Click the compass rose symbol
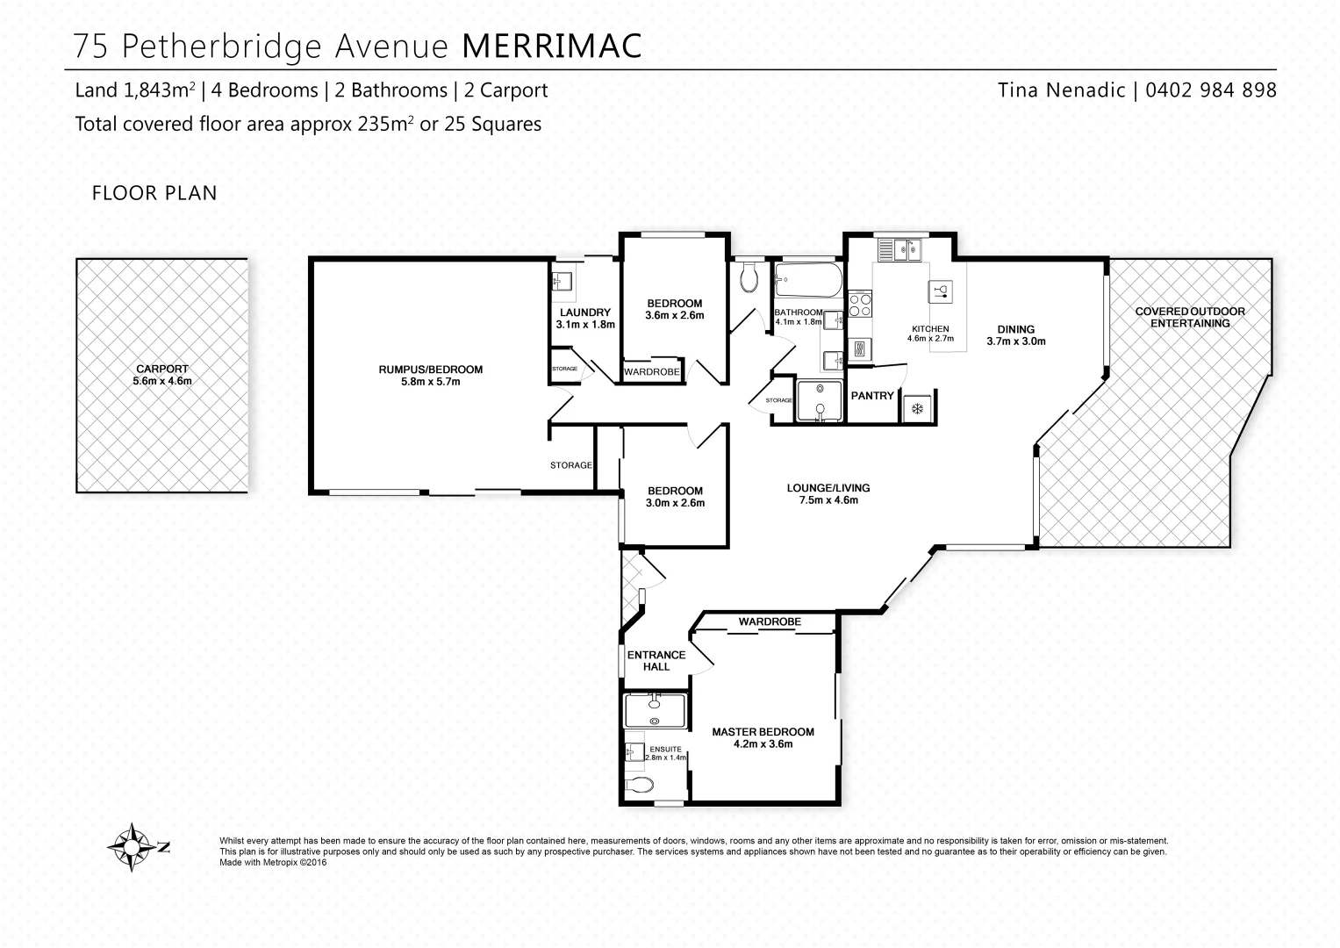pos(131,847)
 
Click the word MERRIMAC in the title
pos(551,47)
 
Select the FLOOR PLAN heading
pos(154,193)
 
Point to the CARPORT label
pos(161,370)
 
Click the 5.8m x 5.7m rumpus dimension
pos(430,382)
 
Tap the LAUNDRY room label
pos(584,312)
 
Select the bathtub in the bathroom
pos(808,282)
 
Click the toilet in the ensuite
pos(641,784)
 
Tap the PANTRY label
pos(872,396)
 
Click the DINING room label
pos(1015,330)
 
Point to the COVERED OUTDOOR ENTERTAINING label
pos(1189,317)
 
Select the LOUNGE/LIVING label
pos(828,488)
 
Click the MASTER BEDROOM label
pos(763,732)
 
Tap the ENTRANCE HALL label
pos(656,660)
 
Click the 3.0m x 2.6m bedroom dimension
pos(675,503)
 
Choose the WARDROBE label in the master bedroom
pos(770,621)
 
